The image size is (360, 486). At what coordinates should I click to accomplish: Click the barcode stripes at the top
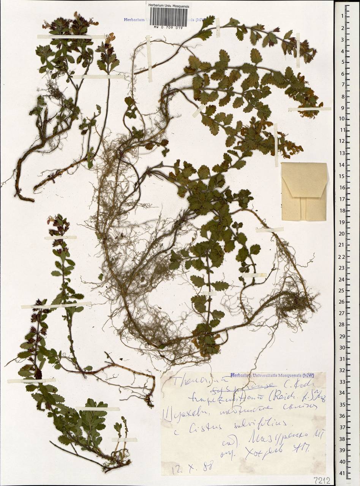tap(169, 17)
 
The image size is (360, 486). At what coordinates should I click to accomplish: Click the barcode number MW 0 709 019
tap(169, 28)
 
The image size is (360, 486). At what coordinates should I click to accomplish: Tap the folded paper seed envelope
tap(304, 191)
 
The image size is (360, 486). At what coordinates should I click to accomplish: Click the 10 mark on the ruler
tap(342, 118)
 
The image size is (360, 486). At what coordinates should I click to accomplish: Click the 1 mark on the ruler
tap(343, 16)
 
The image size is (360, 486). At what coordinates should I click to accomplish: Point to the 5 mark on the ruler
tap(343, 62)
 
